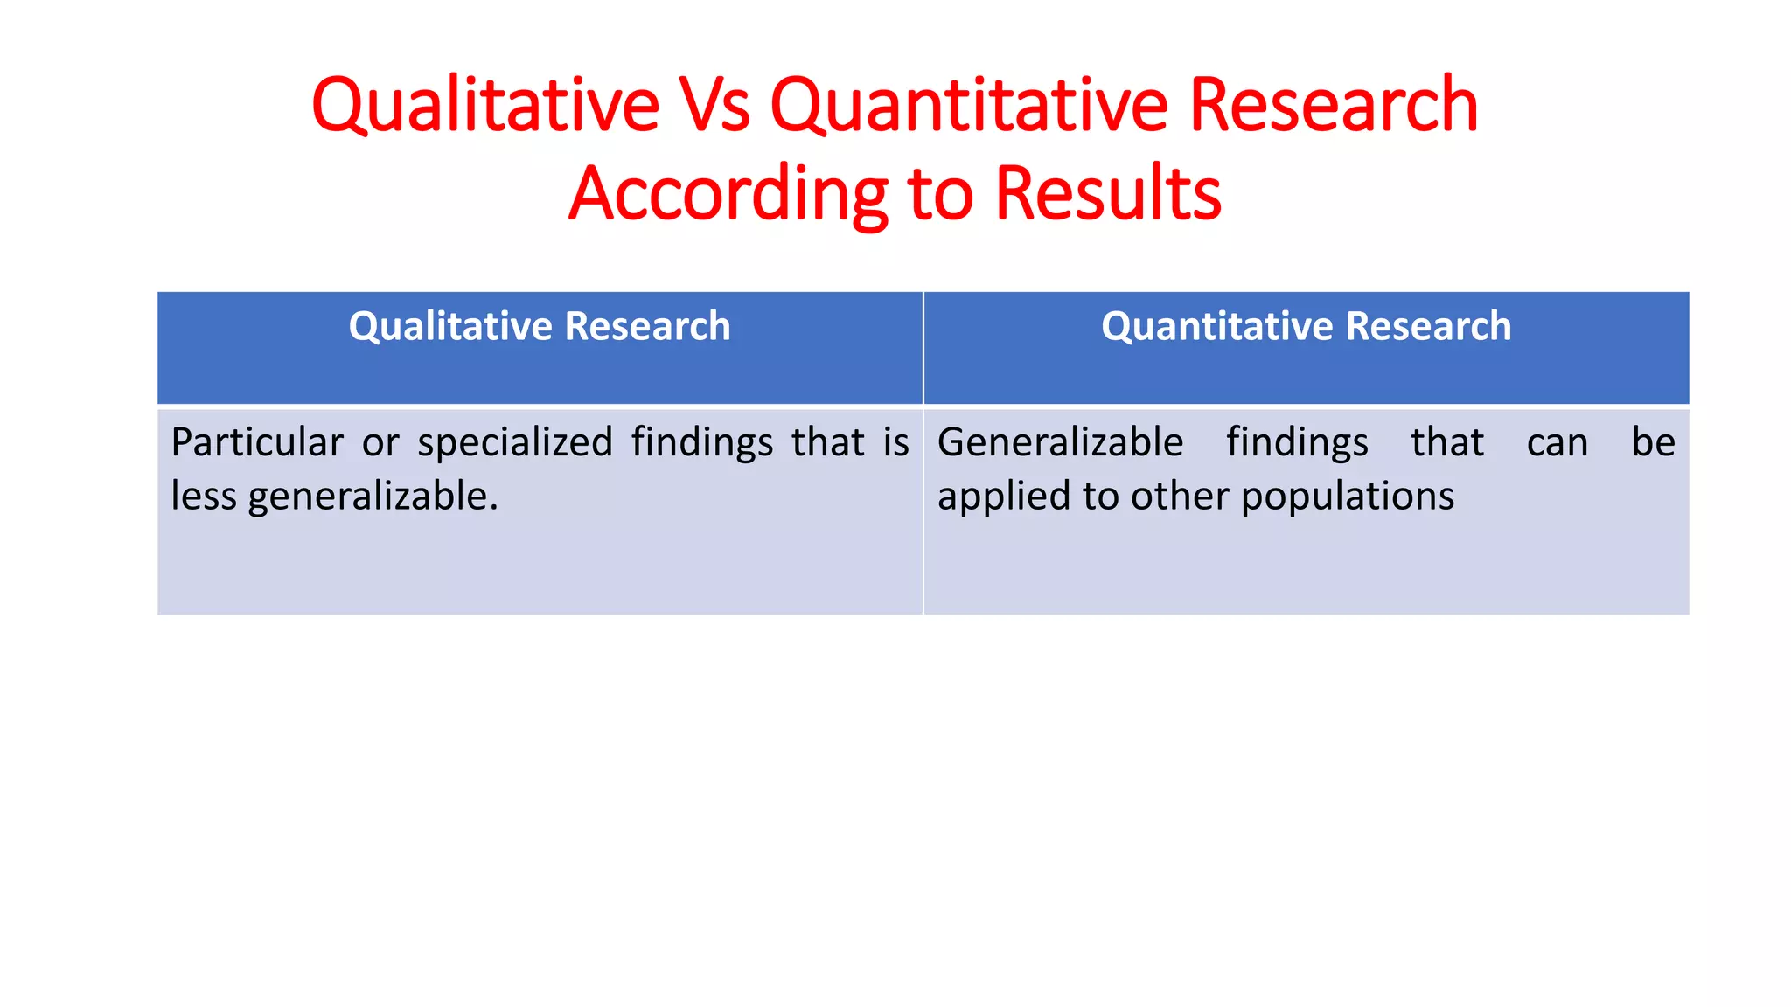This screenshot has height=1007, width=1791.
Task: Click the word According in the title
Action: (x=728, y=193)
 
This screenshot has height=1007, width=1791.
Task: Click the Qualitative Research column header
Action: (x=540, y=326)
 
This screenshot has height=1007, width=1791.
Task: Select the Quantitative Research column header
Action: (x=1306, y=326)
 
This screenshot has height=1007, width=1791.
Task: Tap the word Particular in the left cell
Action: (x=256, y=442)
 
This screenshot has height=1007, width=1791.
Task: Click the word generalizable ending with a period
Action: (x=373, y=496)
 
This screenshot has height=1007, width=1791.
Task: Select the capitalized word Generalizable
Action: (x=1060, y=442)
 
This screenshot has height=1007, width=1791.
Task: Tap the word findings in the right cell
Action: (x=1297, y=442)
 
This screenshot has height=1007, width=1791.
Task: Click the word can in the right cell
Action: (x=1557, y=442)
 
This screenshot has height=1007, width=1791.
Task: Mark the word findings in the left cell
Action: (x=701, y=442)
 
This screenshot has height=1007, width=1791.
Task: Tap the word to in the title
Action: (x=940, y=193)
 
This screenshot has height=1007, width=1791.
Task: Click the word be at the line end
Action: (x=1653, y=442)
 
